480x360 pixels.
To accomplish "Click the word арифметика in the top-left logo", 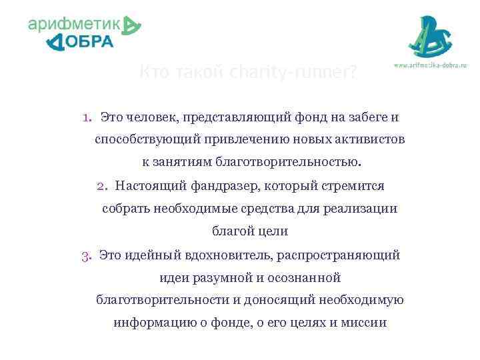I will pos(75,25).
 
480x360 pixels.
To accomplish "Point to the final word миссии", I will pos(365,323).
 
